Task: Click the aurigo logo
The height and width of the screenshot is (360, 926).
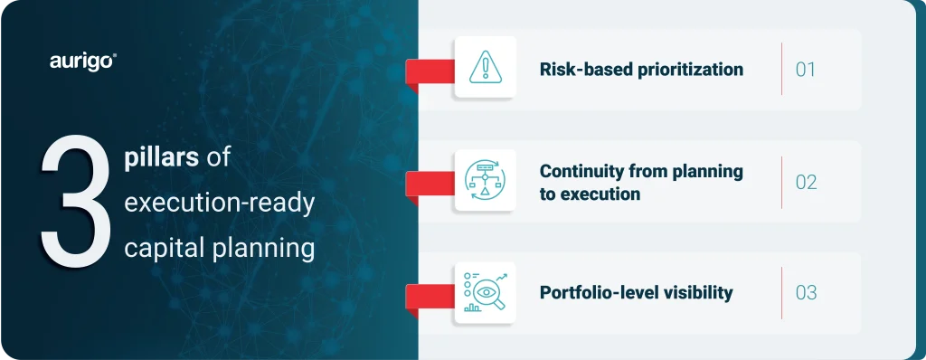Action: coord(82,62)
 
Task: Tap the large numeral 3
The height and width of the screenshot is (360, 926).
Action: coord(76,203)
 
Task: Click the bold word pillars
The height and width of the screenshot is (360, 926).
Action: coord(161,160)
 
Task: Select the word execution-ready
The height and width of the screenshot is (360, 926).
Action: coord(219,204)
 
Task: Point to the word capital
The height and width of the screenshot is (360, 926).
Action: coord(159,249)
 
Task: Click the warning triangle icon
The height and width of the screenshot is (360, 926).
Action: coord(486,67)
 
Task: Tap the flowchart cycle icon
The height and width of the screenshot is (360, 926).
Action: coord(485,179)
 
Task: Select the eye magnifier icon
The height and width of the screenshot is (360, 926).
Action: coord(486,292)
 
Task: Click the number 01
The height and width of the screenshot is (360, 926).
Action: coord(806,70)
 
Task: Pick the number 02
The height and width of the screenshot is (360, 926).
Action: coord(806,182)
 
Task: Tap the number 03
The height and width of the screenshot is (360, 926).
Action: coord(806,292)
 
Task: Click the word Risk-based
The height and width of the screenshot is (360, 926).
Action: coord(585,69)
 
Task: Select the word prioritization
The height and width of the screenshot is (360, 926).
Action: coord(689,70)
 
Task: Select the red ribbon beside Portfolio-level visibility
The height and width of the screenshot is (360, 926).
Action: coord(430,297)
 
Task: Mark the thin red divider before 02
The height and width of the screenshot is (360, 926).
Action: coord(781,182)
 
